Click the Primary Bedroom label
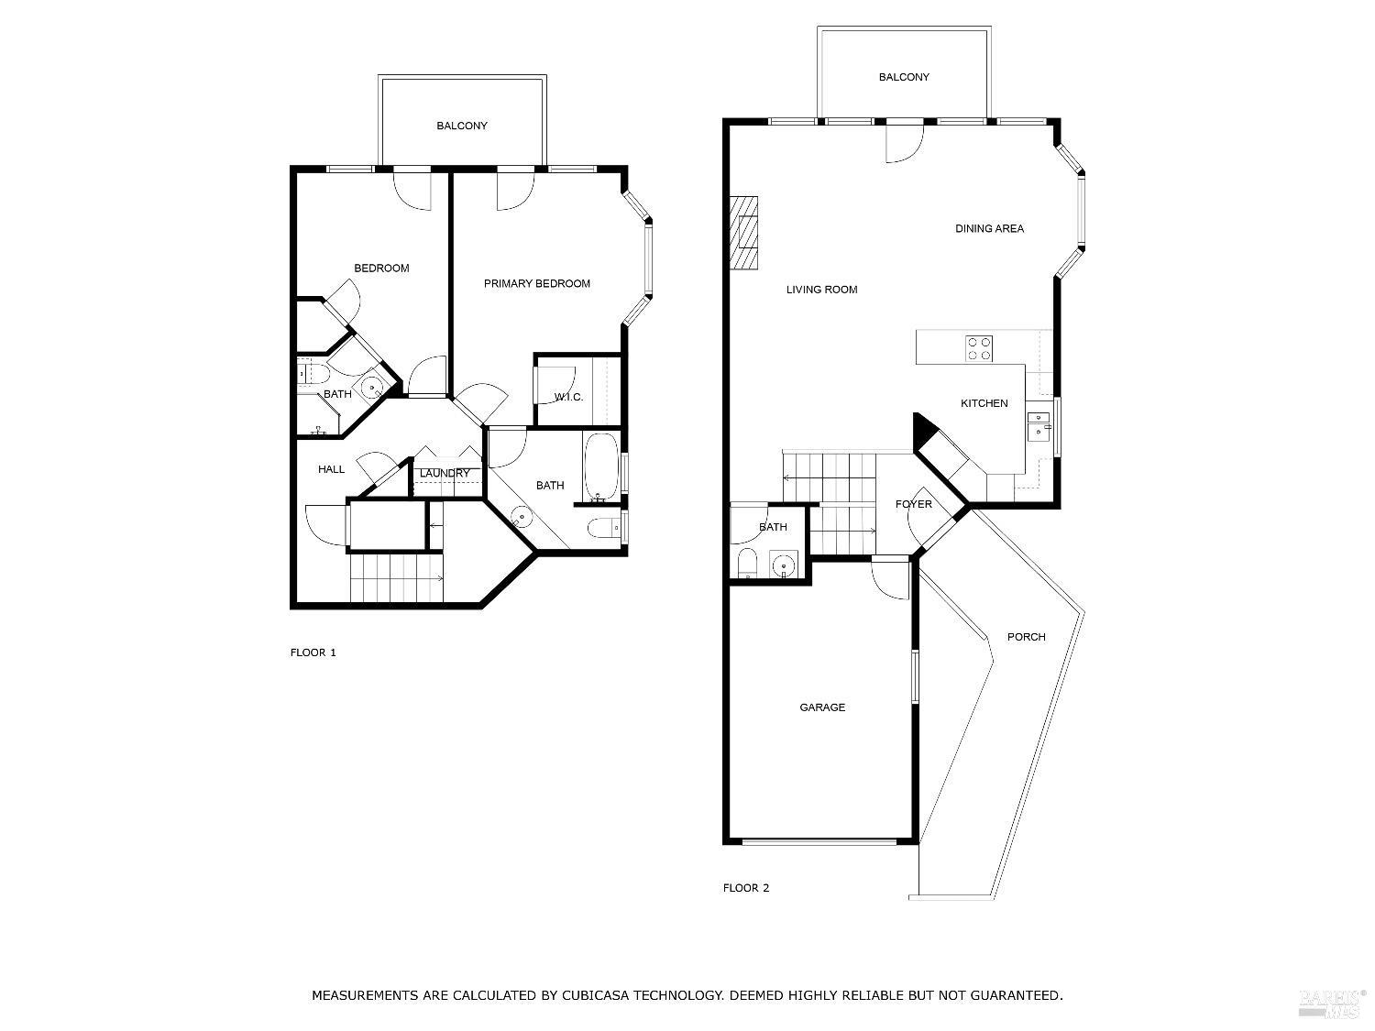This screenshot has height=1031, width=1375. point(536,283)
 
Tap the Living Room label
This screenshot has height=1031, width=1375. point(821,290)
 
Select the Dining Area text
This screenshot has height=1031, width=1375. point(989,228)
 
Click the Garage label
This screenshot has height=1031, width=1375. point(822,707)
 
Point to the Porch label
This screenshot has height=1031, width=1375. point(1026,637)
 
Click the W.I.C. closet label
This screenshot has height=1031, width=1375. point(568,397)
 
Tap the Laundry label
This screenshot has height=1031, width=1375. point(445,473)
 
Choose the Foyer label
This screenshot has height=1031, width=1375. point(913,504)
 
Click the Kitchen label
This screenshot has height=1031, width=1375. point(984,403)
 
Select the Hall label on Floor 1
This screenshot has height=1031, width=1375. point(331,469)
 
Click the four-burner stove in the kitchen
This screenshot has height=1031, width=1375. point(978,348)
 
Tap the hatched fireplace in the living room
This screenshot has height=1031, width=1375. point(744,233)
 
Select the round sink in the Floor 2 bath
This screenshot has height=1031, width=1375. point(783,565)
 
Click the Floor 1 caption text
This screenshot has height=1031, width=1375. point(313,653)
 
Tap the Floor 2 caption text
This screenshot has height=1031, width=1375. point(745,888)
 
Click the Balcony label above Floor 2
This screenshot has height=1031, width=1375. point(904,77)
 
